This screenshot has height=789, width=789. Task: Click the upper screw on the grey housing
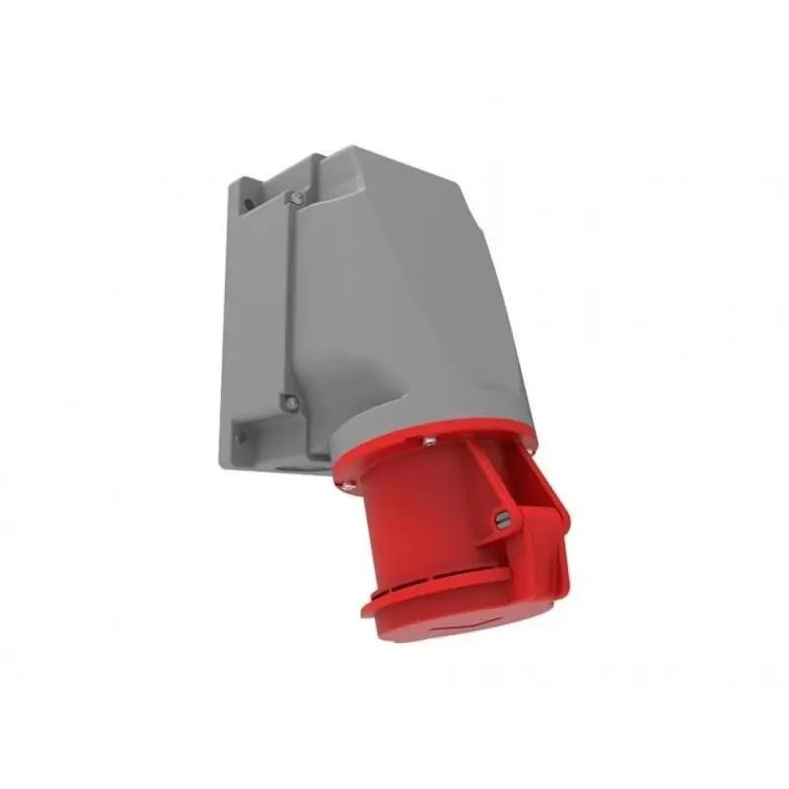coord(292,198)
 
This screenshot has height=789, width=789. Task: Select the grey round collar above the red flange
coord(414,414)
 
